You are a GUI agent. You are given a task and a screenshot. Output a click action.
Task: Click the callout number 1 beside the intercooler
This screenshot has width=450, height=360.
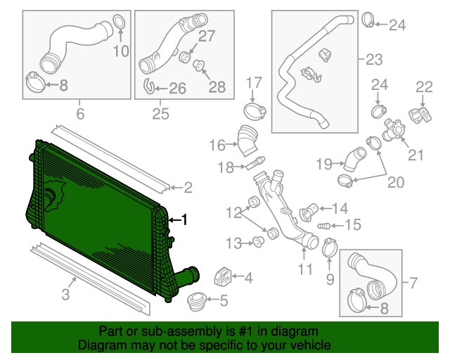coord(185,219)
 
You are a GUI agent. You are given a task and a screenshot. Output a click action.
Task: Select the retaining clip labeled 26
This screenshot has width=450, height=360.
coord(149,87)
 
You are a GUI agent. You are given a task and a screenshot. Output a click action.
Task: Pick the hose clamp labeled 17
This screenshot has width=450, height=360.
coord(255,110)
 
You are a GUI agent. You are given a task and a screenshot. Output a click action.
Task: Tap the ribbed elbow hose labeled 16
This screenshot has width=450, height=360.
coord(246,139)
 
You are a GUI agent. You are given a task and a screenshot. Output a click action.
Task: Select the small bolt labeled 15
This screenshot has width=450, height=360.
coord(324,226)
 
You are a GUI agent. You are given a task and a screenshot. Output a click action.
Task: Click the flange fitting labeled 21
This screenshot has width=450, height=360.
coord(392,129)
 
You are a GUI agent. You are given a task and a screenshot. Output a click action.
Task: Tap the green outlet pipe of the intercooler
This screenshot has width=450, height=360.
coord(186,275)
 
